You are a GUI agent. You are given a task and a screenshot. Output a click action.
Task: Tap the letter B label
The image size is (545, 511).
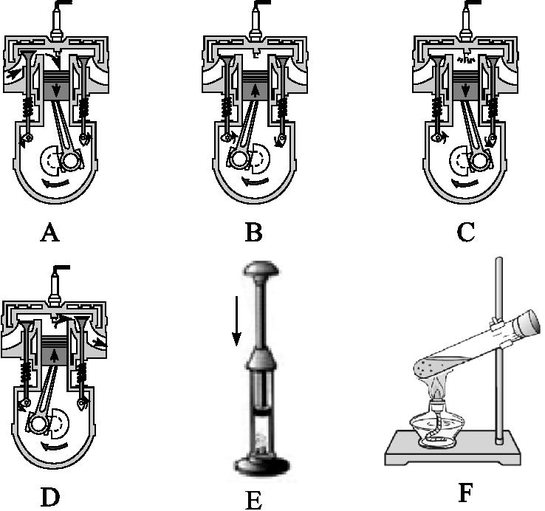tap(254, 233)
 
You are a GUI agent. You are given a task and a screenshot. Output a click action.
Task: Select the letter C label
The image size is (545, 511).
tap(465, 233)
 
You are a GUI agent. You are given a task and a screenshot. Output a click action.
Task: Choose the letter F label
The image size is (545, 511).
tap(465, 493)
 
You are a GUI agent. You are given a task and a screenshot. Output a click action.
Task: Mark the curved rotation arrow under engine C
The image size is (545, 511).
tap(465, 182)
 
